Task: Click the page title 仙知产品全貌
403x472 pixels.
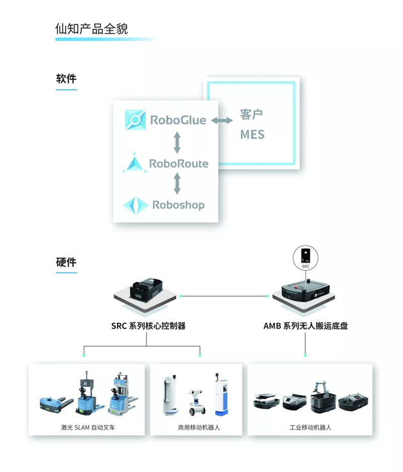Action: tap(92, 28)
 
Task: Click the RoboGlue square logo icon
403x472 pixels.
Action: tap(136, 120)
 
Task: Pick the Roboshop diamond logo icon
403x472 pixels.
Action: tap(136, 205)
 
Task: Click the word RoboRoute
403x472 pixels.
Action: tap(179, 164)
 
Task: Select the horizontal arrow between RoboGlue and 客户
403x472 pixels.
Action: tap(222, 120)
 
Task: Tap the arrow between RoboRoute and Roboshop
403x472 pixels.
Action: tap(177, 183)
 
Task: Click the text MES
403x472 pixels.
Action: tap(252, 135)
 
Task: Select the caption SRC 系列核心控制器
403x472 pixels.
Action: tap(148, 326)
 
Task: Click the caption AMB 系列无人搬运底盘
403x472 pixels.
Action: tap(305, 326)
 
